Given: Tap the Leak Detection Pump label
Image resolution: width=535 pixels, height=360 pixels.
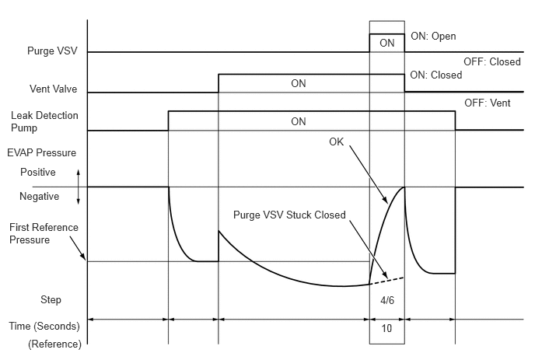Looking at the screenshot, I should click(x=44, y=121).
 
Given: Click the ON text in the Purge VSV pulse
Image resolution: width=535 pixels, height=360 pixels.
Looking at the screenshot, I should click(x=386, y=44).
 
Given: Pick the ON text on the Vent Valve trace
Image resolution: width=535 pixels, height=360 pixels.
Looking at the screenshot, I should click(x=298, y=84).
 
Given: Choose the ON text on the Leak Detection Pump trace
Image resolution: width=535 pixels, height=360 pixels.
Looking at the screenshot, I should click(x=298, y=121).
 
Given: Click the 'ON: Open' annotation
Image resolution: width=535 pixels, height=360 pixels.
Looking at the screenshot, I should click(x=432, y=37).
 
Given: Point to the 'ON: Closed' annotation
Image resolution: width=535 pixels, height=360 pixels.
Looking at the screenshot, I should click(x=435, y=75).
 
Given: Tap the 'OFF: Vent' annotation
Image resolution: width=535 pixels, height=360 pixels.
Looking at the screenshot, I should click(x=487, y=103).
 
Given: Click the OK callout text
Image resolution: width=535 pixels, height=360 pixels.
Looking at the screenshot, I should click(x=336, y=142).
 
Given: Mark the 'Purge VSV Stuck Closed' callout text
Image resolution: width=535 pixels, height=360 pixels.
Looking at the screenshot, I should click(x=289, y=215).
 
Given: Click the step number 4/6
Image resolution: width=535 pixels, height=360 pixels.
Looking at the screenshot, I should click(x=386, y=299).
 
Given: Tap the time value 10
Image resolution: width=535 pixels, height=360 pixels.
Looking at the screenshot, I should click(x=386, y=328).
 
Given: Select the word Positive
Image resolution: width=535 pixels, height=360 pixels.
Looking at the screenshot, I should click(x=38, y=172).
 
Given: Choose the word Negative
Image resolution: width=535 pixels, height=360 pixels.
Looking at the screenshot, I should click(x=40, y=197).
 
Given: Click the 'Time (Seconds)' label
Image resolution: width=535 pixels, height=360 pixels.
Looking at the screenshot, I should click(x=46, y=328).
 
